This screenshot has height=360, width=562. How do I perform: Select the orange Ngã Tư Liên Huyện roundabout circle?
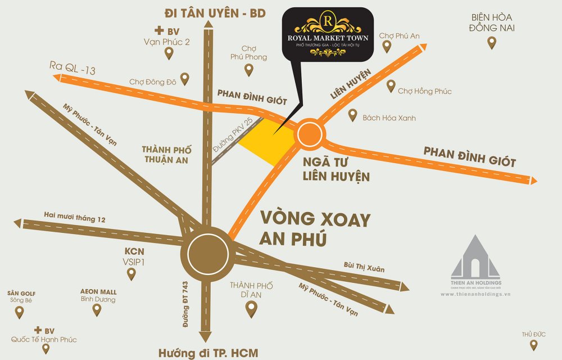click(x=310, y=134)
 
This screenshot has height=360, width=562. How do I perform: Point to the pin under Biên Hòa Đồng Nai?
click(x=492, y=42)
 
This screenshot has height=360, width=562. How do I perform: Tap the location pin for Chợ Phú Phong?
click(x=249, y=70)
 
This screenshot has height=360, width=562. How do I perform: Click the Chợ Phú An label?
click(x=399, y=36)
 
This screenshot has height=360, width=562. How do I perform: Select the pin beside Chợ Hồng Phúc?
click(x=391, y=86)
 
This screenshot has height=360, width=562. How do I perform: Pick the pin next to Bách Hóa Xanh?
click(x=352, y=115)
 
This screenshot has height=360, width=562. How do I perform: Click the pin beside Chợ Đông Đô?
click(x=184, y=78)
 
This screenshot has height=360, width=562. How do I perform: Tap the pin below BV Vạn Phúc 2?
click(x=168, y=53)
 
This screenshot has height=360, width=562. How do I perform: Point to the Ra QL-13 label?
click(x=72, y=70)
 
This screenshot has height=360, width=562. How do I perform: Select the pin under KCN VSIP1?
click(x=132, y=274)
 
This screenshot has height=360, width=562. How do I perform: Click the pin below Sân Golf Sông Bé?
click(x=20, y=312)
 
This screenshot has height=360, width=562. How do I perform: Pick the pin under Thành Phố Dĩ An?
click(x=251, y=308)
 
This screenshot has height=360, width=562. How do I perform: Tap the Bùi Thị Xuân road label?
click(x=364, y=265)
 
